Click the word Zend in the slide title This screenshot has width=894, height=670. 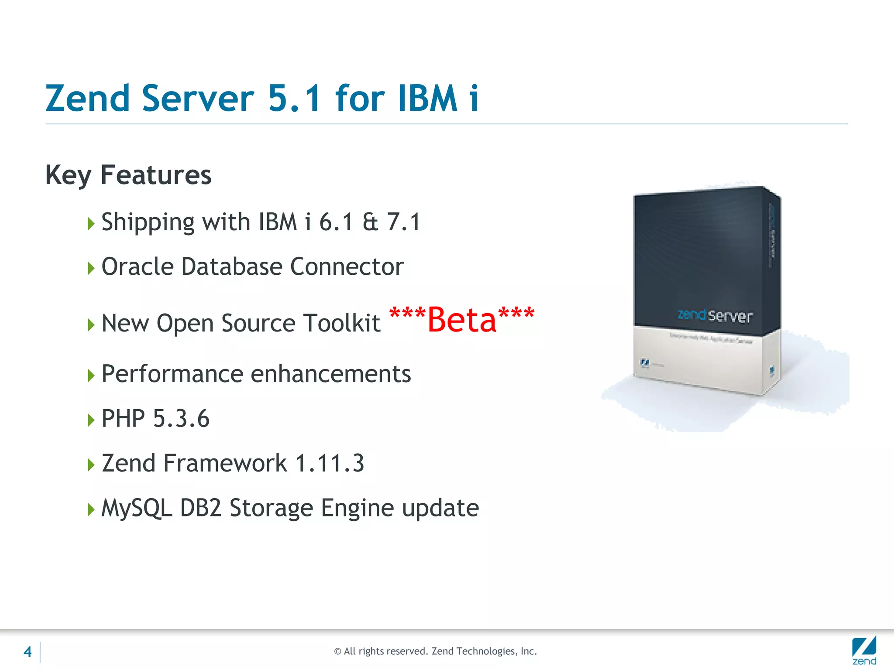[x=87, y=99]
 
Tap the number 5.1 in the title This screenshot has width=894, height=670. [x=295, y=99]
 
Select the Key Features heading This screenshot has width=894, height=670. [x=128, y=175]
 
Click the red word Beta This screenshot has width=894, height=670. [x=462, y=320]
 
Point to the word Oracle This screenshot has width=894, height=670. [x=138, y=267]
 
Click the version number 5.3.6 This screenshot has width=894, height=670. [x=181, y=419]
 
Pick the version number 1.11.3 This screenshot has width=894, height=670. [x=330, y=463]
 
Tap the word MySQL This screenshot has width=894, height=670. [x=136, y=509]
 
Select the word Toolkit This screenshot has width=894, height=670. [x=342, y=324]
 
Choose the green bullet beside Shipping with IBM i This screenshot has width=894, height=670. [x=91, y=224]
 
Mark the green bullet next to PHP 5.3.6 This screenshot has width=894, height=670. [x=91, y=420]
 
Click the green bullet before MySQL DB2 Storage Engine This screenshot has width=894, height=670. [x=91, y=509]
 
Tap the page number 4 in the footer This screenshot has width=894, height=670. [x=28, y=652]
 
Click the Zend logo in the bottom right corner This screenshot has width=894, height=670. [x=864, y=650]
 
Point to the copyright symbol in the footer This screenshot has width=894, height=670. [x=337, y=652]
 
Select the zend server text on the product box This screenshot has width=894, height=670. [x=715, y=315]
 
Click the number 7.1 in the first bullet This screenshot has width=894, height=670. [x=403, y=222]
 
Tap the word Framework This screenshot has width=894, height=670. [x=225, y=463]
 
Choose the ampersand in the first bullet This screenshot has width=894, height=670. [x=370, y=222]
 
